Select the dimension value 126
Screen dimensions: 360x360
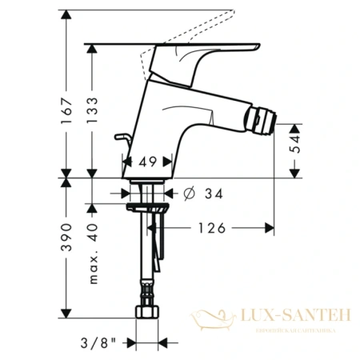click(210, 228)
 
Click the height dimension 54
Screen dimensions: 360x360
click(295, 145)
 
